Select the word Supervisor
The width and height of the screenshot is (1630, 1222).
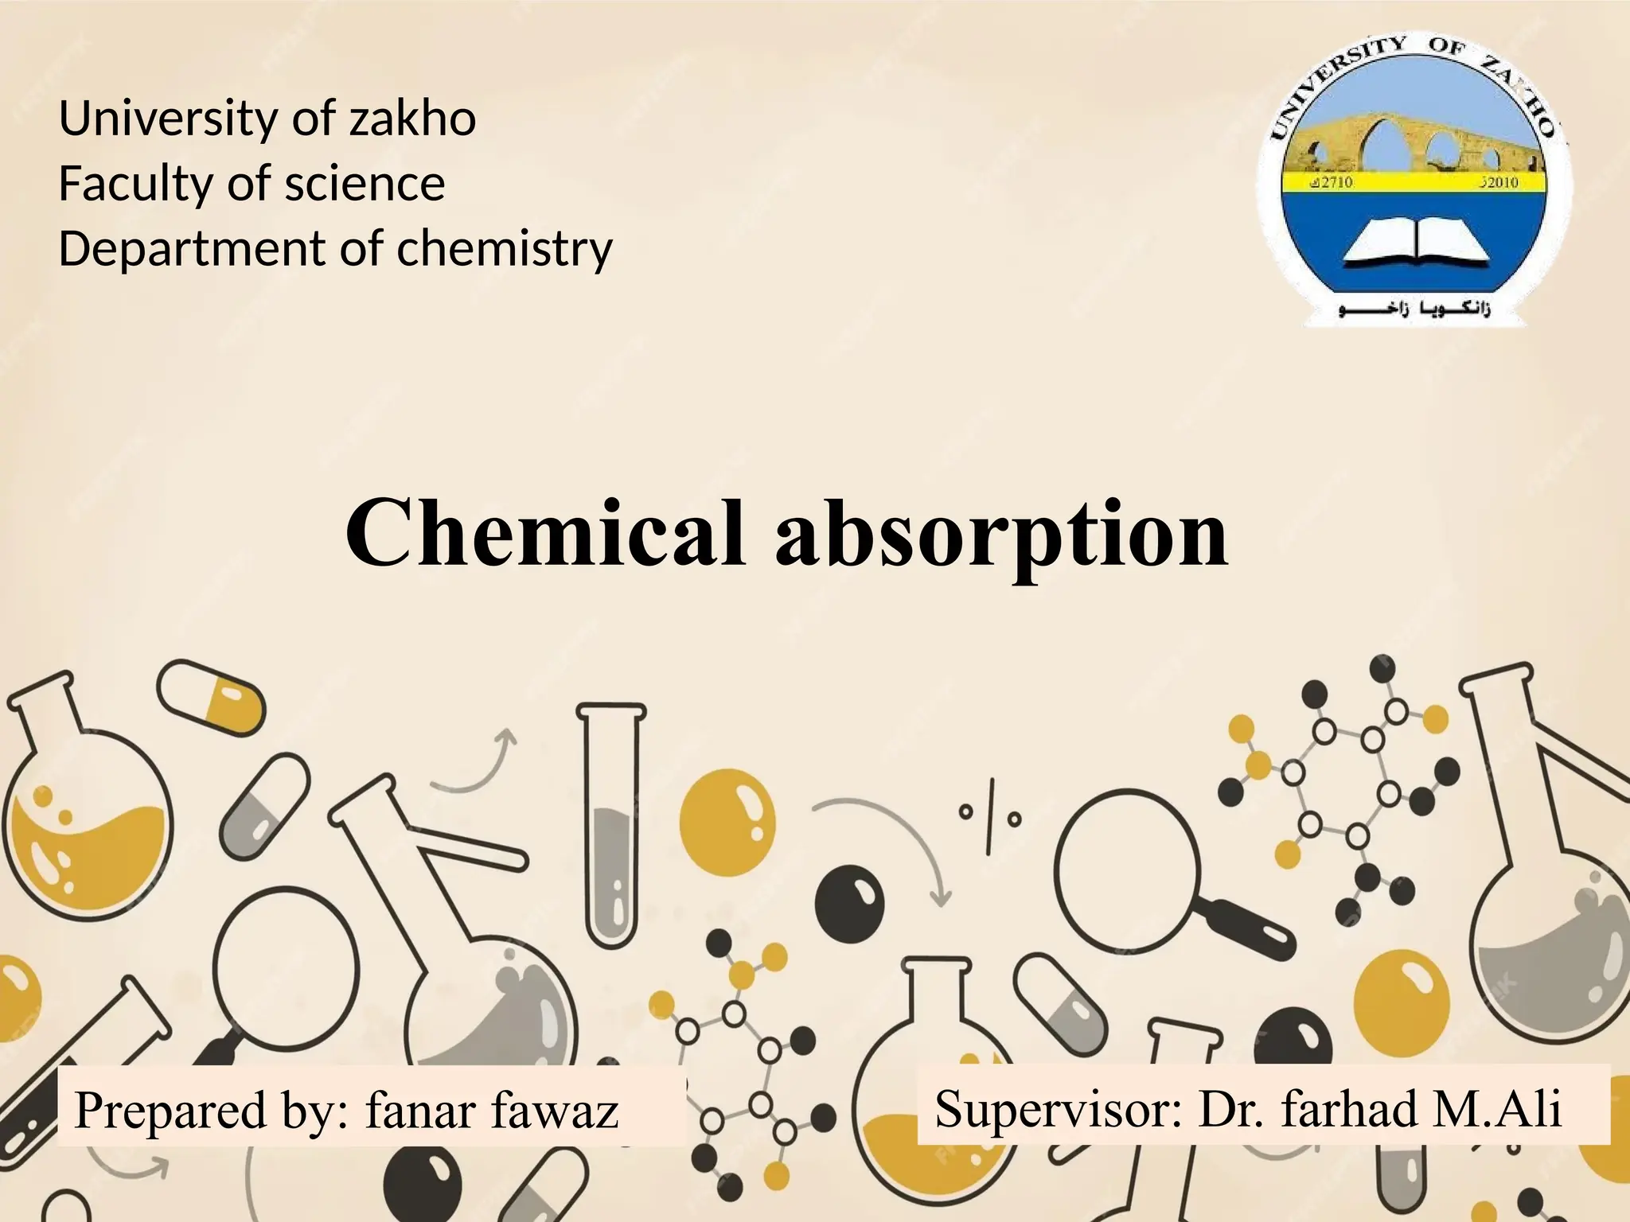(1058, 1108)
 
